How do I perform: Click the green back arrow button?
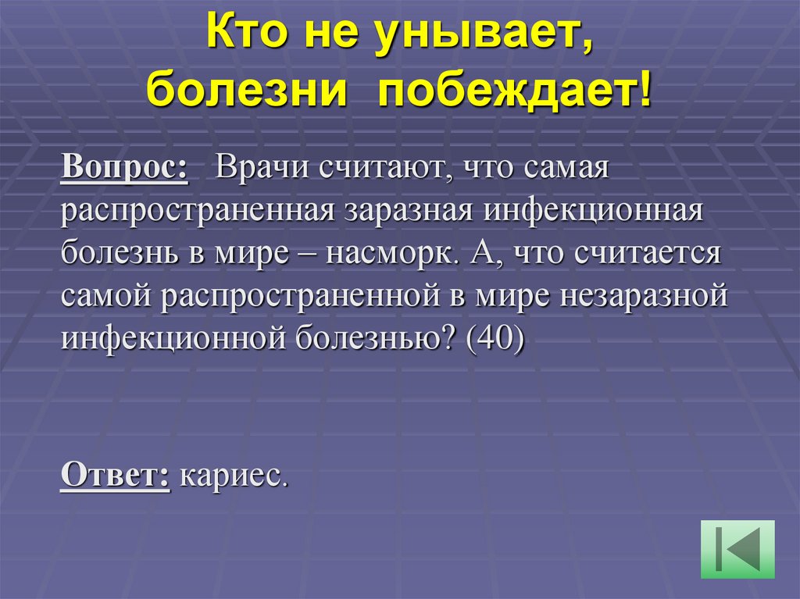[x=737, y=549]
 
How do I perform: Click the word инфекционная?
[x=594, y=212]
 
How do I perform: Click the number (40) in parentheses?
[x=492, y=340]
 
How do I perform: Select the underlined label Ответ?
[x=115, y=474]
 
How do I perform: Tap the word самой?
[x=112, y=297]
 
